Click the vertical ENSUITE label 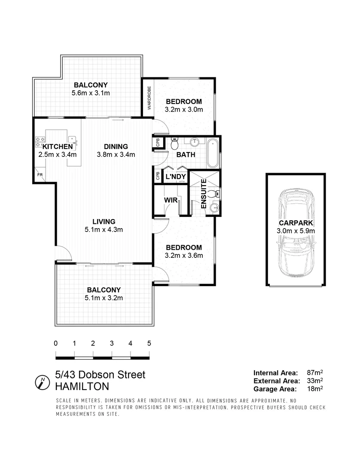point(204,194)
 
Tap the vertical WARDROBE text point(149,98)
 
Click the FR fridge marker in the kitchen point(40,175)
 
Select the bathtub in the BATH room point(212,153)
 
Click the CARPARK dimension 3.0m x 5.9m point(296,231)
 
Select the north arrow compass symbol point(42,381)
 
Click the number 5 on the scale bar point(149,343)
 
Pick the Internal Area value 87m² point(315,372)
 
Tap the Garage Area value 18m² point(315,389)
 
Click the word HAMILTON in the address point(82,386)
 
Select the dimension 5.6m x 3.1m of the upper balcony point(90,93)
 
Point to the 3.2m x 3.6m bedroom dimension point(184,255)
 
